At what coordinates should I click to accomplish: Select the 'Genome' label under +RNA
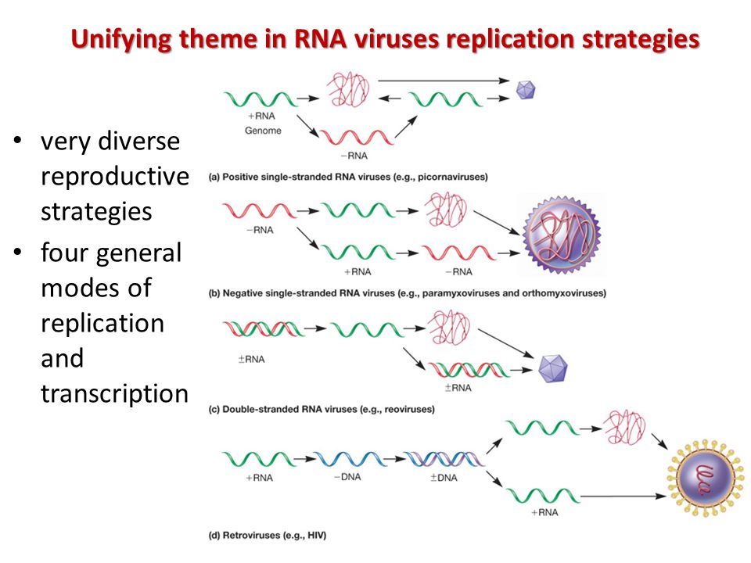click(x=263, y=131)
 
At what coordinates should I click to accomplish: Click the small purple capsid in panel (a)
click(x=526, y=90)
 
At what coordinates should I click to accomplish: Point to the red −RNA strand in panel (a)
click(x=357, y=137)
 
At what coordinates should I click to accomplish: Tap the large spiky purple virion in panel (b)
click(x=562, y=235)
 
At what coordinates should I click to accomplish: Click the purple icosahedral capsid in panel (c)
click(x=553, y=368)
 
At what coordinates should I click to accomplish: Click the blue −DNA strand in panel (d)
click(x=350, y=459)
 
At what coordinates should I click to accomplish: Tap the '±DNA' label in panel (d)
click(x=444, y=478)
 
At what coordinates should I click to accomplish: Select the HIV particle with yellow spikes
click(x=705, y=479)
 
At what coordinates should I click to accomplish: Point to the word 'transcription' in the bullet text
click(x=114, y=393)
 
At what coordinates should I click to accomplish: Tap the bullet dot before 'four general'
click(x=18, y=253)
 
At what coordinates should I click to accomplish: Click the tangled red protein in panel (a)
click(x=349, y=89)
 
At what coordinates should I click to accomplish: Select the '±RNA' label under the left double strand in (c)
click(x=251, y=360)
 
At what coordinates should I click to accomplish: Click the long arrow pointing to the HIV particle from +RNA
click(x=623, y=497)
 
